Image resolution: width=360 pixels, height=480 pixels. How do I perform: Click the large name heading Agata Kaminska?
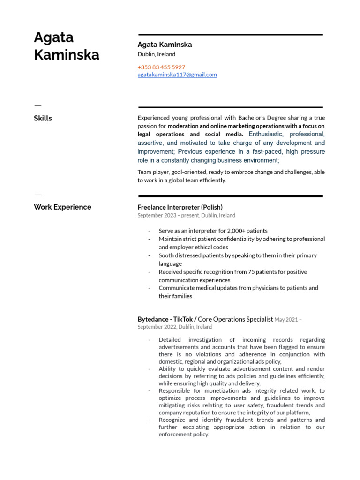(x=67, y=46)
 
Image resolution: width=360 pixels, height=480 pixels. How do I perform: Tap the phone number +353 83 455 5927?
(x=161, y=67)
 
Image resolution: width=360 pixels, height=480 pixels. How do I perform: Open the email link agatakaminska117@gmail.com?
(x=177, y=75)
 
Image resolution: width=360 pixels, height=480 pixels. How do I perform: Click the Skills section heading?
(x=43, y=118)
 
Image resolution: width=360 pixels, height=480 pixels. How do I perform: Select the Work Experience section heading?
(x=62, y=207)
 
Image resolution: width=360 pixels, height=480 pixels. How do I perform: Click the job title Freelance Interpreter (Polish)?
(x=180, y=207)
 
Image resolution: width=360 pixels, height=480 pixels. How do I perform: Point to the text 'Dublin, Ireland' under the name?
(x=157, y=54)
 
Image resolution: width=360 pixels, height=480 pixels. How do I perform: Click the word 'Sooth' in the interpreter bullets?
(x=166, y=255)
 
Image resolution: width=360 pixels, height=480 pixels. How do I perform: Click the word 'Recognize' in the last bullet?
(x=173, y=420)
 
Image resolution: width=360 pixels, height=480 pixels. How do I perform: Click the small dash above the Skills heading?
(x=37, y=105)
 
